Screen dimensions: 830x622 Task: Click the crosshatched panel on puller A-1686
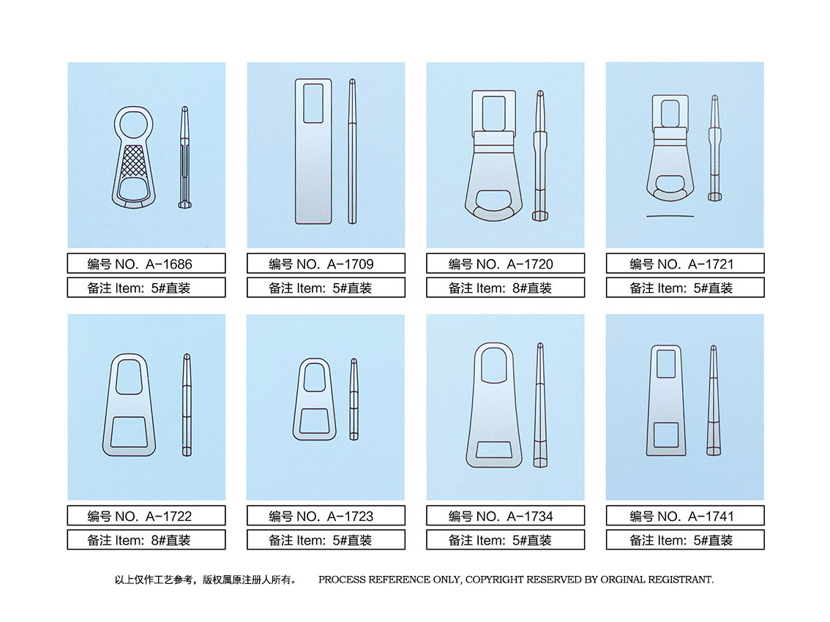[x=132, y=160]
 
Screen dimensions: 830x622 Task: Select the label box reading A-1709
[x=326, y=263]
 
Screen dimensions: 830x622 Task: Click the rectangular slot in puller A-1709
[x=313, y=103]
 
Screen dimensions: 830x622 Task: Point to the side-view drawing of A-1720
[x=540, y=155]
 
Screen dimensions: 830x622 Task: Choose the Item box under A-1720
[x=506, y=288]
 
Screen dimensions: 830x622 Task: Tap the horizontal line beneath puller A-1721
[x=670, y=216]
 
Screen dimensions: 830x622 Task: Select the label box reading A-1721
[x=685, y=263]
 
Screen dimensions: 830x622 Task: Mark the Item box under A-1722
[x=146, y=539]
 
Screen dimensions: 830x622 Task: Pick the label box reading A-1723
[x=326, y=515]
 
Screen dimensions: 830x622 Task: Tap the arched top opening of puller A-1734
[x=494, y=364]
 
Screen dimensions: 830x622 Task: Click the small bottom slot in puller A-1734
[x=494, y=450]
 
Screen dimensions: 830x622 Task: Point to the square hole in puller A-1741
[x=666, y=435]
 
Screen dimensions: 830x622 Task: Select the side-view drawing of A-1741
[x=714, y=401]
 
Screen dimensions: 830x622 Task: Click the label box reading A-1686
[x=146, y=263]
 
